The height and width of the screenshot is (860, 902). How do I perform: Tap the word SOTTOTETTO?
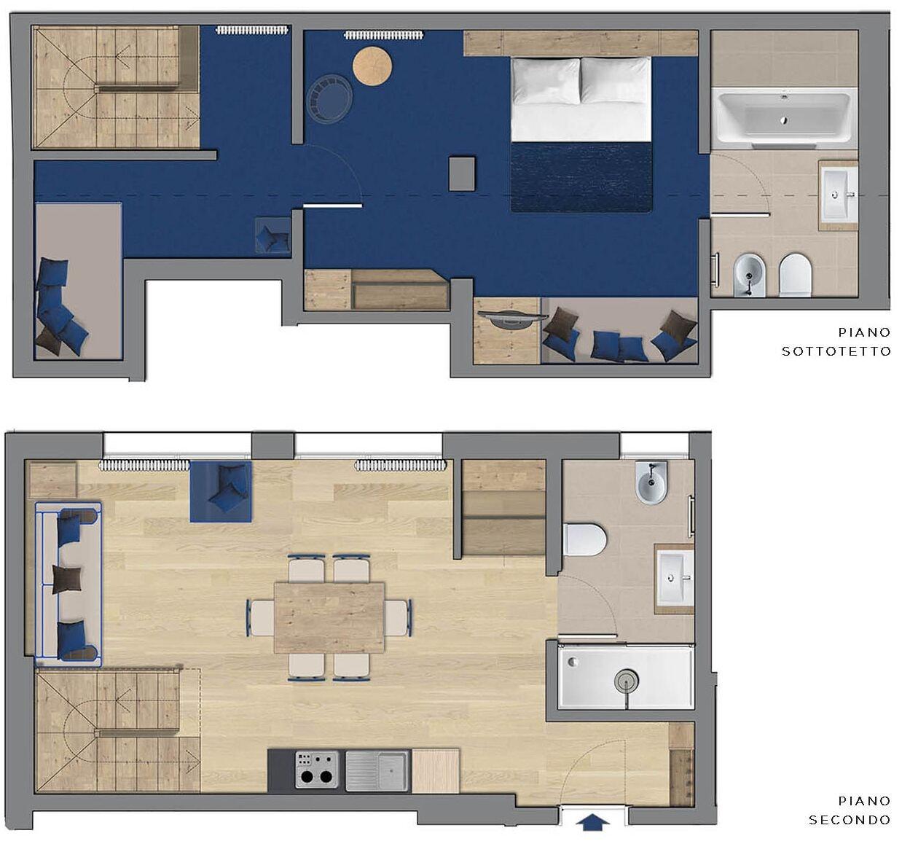click(x=836, y=351)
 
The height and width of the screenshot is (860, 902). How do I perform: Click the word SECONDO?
click(x=850, y=820)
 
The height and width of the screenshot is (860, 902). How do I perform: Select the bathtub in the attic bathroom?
click(x=784, y=118)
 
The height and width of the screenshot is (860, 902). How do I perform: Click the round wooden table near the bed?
click(x=372, y=66)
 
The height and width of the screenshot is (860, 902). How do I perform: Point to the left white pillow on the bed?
click(x=546, y=81)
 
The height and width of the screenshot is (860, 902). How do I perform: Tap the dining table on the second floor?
click(x=329, y=617)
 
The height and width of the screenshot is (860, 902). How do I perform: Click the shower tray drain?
click(x=627, y=679)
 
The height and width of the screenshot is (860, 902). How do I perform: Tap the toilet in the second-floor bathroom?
click(x=584, y=539)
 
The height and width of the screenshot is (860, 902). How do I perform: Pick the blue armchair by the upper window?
click(x=221, y=491)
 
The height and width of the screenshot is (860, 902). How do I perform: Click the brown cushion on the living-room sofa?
click(x=67, y=579)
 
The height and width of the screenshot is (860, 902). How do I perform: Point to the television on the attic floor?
click(x=512, y=318)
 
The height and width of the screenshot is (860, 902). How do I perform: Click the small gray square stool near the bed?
click(x=461, y=173)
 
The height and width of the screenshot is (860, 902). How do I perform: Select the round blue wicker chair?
click(x=329, y=98)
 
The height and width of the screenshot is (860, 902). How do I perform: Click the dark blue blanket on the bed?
click(x=581, y=176)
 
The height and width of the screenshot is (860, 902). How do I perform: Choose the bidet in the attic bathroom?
click(x=749, y=275)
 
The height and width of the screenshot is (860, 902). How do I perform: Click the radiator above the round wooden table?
click(x=384, y=35)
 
